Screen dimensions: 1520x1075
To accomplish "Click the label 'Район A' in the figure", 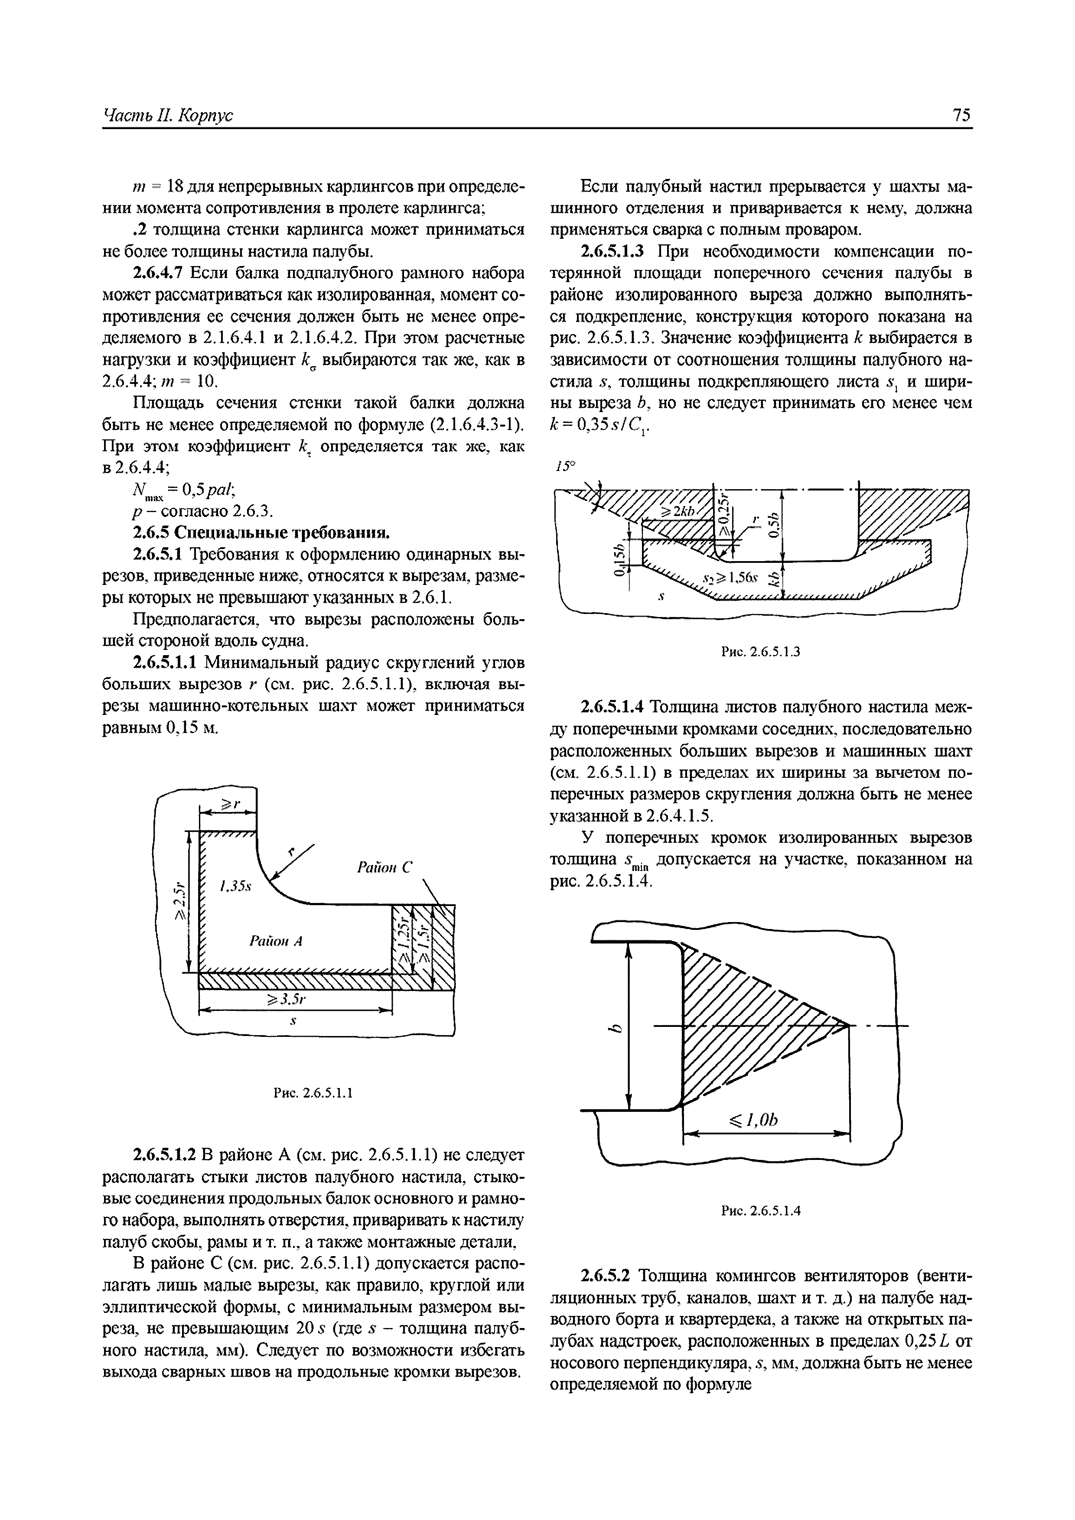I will pyautogui.click(x=276, y=940).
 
